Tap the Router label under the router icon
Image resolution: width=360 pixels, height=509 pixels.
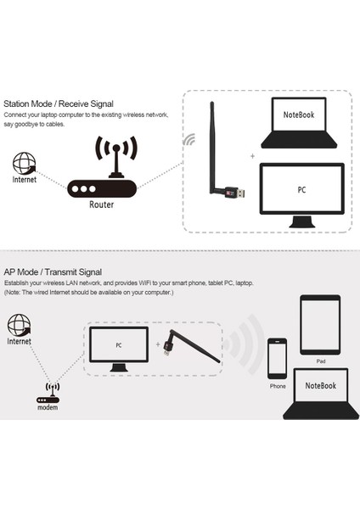[x=102, y=204]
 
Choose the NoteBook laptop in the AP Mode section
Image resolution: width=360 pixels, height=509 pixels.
[x=321, y=393]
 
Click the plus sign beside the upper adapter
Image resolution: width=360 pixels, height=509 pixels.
[x=251, y=156]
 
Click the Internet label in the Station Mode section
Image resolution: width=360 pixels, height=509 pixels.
[x=25, y=180]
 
